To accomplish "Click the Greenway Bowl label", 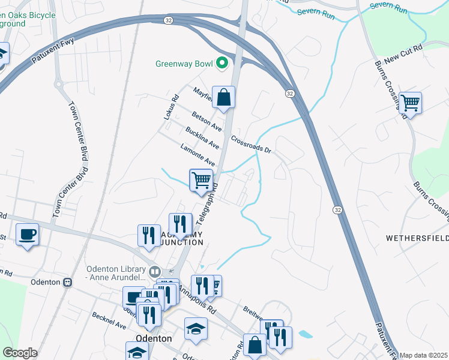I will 185,63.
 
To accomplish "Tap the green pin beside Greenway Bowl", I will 222,62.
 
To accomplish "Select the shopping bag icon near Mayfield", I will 223,98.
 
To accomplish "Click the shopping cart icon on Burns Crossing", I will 411,103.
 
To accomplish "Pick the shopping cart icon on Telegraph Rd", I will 201,180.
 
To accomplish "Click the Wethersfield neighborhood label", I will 417,238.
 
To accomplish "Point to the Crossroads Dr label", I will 251,144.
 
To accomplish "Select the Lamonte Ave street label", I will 197,154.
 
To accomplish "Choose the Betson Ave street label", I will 207,122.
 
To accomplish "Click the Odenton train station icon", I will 67,282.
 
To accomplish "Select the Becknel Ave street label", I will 109,320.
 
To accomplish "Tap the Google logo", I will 20,353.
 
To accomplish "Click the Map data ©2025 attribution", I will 424,355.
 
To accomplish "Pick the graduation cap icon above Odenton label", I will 196,329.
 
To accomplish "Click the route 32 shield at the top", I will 168,20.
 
